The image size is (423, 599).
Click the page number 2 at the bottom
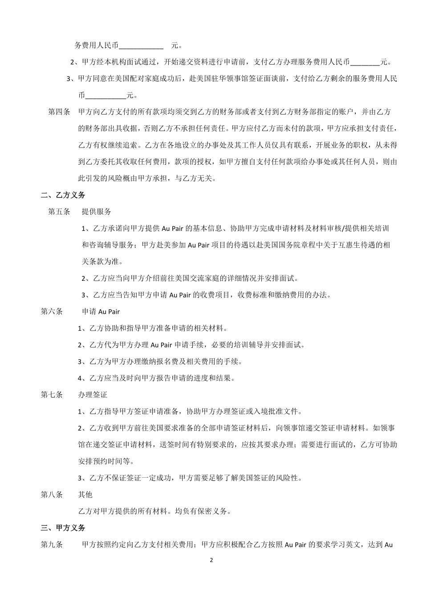tap(211, 560)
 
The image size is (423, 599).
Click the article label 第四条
tap(59, 111)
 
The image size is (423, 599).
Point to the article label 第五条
tap(59, 211)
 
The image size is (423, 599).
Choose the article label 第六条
tap(52, 311)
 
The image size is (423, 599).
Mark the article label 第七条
tap(52, 394)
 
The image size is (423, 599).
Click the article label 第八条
tap(52, 494)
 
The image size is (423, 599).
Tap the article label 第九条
tap(52, 544)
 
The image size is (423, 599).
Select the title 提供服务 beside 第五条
tap(97, 211)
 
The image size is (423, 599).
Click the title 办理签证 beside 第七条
tap(93, 394)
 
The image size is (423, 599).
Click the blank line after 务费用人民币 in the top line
tap(141, 46)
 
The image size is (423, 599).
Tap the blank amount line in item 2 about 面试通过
tap(365, 62)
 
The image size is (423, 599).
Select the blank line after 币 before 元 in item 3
tap(105, 95)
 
